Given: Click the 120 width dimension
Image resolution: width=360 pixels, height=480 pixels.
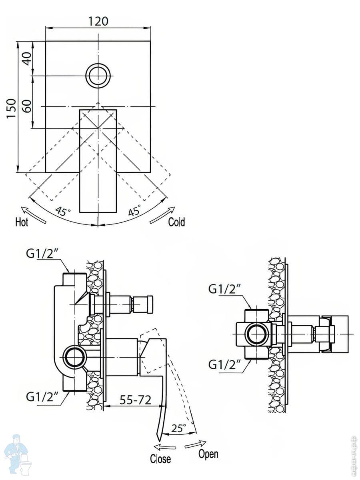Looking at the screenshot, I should [x=98, y=21].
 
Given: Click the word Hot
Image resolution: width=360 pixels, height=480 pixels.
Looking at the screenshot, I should [x=22, y=222].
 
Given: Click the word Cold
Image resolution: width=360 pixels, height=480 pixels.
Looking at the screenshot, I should [x=176, y=222].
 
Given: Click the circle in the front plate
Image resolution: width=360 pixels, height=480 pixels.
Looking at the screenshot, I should [x=98, y=75].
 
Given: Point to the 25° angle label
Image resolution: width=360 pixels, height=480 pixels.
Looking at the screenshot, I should [x=178, y=428].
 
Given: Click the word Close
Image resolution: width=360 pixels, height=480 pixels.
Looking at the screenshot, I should [x=160, y=459].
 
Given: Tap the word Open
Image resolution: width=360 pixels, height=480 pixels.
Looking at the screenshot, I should [x=208, y=454].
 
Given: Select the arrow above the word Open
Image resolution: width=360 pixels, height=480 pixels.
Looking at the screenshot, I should [x=196, y=444].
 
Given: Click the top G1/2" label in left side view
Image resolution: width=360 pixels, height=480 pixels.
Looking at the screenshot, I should [x=42, y=254].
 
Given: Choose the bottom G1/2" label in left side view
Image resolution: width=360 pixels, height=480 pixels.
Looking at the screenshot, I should [x=42, y=397].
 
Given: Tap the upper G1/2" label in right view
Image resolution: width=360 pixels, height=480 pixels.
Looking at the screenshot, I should [x=224, y=289].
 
